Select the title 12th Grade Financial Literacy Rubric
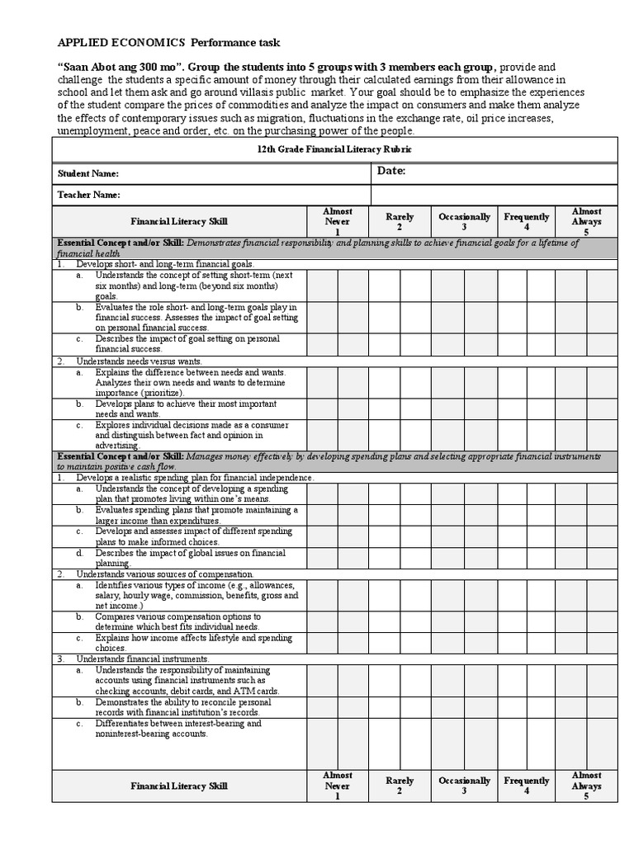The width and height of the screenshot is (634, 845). [x=334, y=149]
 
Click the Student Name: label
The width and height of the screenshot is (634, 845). [x=88, y=174]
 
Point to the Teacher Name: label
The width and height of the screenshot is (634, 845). [x=88, y=195]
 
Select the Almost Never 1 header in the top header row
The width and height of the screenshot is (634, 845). [x=338, y=221]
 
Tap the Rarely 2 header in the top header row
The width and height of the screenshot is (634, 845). [x=400, y=221]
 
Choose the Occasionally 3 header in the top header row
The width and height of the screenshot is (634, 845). [x=464, y=221]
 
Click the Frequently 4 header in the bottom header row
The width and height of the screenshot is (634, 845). [x=527, y=786]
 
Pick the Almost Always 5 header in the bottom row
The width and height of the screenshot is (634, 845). [x=586, y=786]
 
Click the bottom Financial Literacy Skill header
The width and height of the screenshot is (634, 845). [x=179, y=786]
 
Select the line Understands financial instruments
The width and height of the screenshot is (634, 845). [x=143, y=659]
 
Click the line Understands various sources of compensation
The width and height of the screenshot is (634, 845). [x=165, y=574]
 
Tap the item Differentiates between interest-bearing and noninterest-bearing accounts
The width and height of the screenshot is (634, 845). [x=177, y=729]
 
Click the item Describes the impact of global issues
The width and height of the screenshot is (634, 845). [x=190, y=558]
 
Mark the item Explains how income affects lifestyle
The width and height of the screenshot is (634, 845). [x=192, y=643]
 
